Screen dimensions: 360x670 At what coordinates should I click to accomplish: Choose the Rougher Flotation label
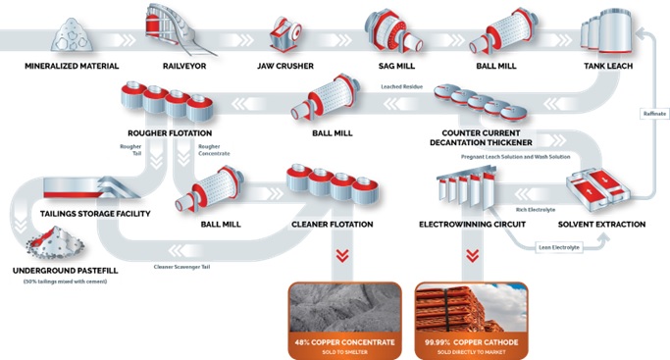[x=169, y=133]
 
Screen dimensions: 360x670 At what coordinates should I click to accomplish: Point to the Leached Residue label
[x=398, y=87]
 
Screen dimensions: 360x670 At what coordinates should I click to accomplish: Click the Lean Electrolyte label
[x=559, y=248]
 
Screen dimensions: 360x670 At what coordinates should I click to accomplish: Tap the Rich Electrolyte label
[x=536, y=209]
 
